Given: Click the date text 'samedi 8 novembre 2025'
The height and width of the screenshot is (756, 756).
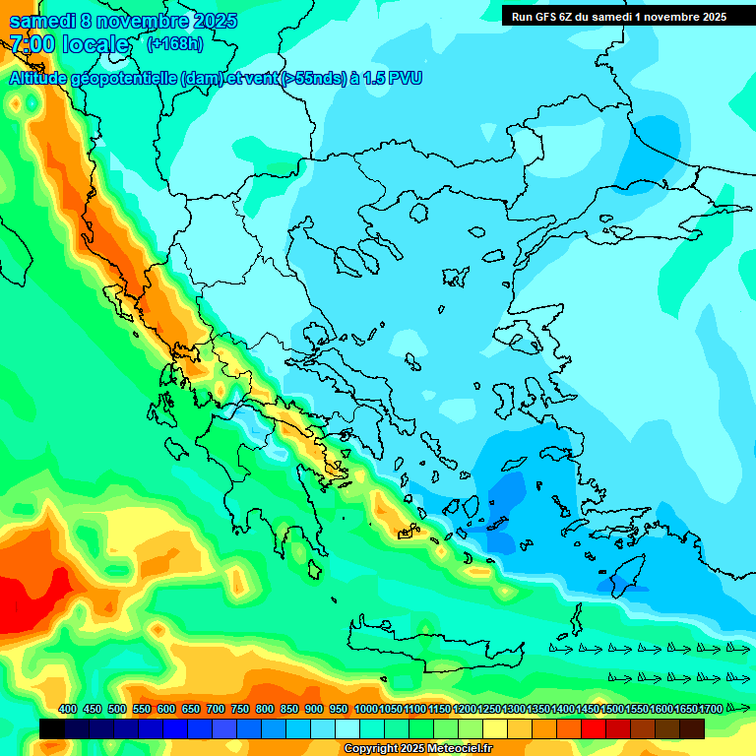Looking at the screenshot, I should tap(123, 21).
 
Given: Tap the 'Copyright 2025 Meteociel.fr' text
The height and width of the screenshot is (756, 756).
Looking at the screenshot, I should tap(417, 749).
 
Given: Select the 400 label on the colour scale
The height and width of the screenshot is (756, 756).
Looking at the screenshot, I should tap(68, 710).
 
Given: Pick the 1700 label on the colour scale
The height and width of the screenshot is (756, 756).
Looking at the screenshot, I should tap(711, 710).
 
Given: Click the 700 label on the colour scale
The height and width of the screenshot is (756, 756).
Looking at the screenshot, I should tap(216, 710).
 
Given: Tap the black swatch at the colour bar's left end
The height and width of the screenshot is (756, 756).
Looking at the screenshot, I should tap(52, 728).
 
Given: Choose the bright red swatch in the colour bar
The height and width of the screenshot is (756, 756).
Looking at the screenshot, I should tap(594, 728).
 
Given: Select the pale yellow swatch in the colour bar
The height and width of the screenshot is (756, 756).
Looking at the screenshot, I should tap(495, 728).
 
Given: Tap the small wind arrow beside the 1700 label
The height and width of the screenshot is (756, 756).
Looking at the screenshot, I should tap(737, 708).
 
